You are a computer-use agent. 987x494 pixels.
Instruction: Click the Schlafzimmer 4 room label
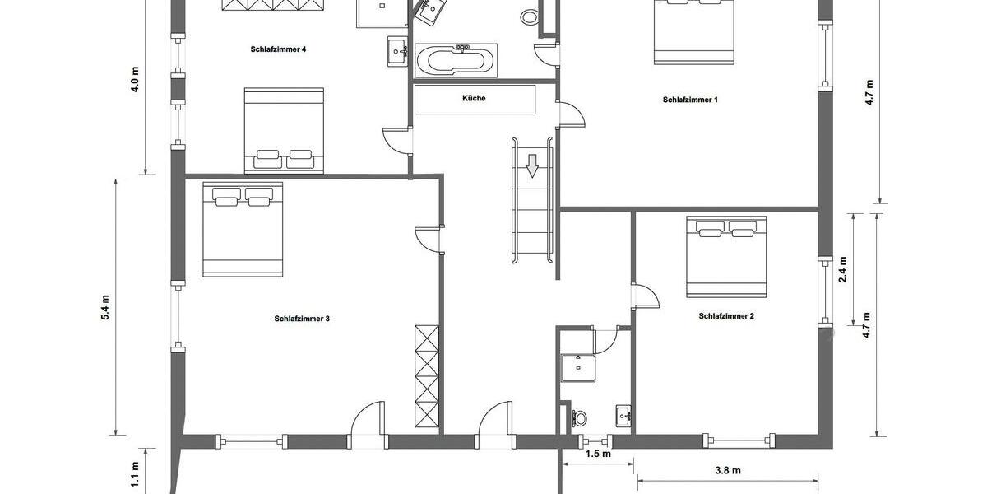278,49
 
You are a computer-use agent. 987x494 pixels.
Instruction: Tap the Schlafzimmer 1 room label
690,100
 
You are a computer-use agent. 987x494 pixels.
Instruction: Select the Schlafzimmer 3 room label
302,319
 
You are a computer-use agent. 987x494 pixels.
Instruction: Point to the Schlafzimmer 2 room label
726,315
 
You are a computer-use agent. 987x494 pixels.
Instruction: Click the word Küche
474,99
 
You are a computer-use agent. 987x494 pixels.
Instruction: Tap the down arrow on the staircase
532,165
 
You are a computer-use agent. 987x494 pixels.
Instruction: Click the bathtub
456,59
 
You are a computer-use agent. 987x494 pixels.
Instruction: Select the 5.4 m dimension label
104,305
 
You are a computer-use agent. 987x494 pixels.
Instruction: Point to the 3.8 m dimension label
727,471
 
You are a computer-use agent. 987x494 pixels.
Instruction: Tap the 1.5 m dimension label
598,454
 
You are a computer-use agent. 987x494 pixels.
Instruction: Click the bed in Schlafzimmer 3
243,229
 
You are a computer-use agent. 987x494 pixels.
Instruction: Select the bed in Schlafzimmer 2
726,255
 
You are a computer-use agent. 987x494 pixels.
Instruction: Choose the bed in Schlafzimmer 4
285,131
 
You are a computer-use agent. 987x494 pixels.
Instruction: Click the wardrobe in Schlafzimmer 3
427,375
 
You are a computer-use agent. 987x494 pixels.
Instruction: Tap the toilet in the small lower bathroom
581,417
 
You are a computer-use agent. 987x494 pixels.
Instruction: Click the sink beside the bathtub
397,50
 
